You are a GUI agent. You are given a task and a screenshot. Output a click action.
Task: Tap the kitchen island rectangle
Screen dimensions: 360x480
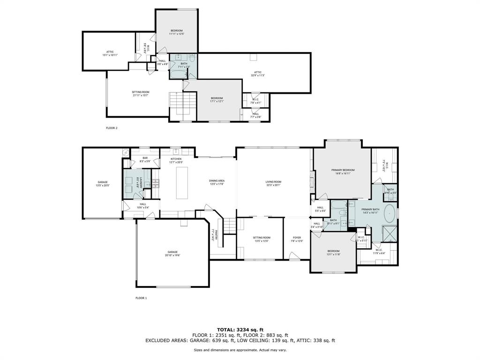click(x=182, y=183)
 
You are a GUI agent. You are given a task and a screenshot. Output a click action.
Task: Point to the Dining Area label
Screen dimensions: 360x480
click(x=217, y=182)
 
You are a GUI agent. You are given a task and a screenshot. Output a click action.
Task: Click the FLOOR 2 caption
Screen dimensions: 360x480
click(x=112, y=127)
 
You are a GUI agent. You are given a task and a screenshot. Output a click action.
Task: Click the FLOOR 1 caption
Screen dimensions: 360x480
click(x=141, y=298)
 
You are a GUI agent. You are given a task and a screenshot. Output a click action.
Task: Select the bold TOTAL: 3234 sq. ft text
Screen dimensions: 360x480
click(x=240, y=330)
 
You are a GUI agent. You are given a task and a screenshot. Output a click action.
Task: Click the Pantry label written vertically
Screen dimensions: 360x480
click(x=213, y=234)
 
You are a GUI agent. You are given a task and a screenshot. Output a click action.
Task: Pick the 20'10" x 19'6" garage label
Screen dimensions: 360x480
click(x=172, y=254)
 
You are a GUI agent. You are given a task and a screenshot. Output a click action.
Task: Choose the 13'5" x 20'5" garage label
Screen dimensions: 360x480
click(x=103, y=183)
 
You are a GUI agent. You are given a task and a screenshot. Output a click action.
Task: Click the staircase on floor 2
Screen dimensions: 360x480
click(x=182, y=103)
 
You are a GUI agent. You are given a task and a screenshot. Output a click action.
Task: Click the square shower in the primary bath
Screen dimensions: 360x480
click(x=389, y=233)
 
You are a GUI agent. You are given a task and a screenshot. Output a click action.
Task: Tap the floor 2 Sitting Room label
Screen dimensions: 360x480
click(x=141, y=93)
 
